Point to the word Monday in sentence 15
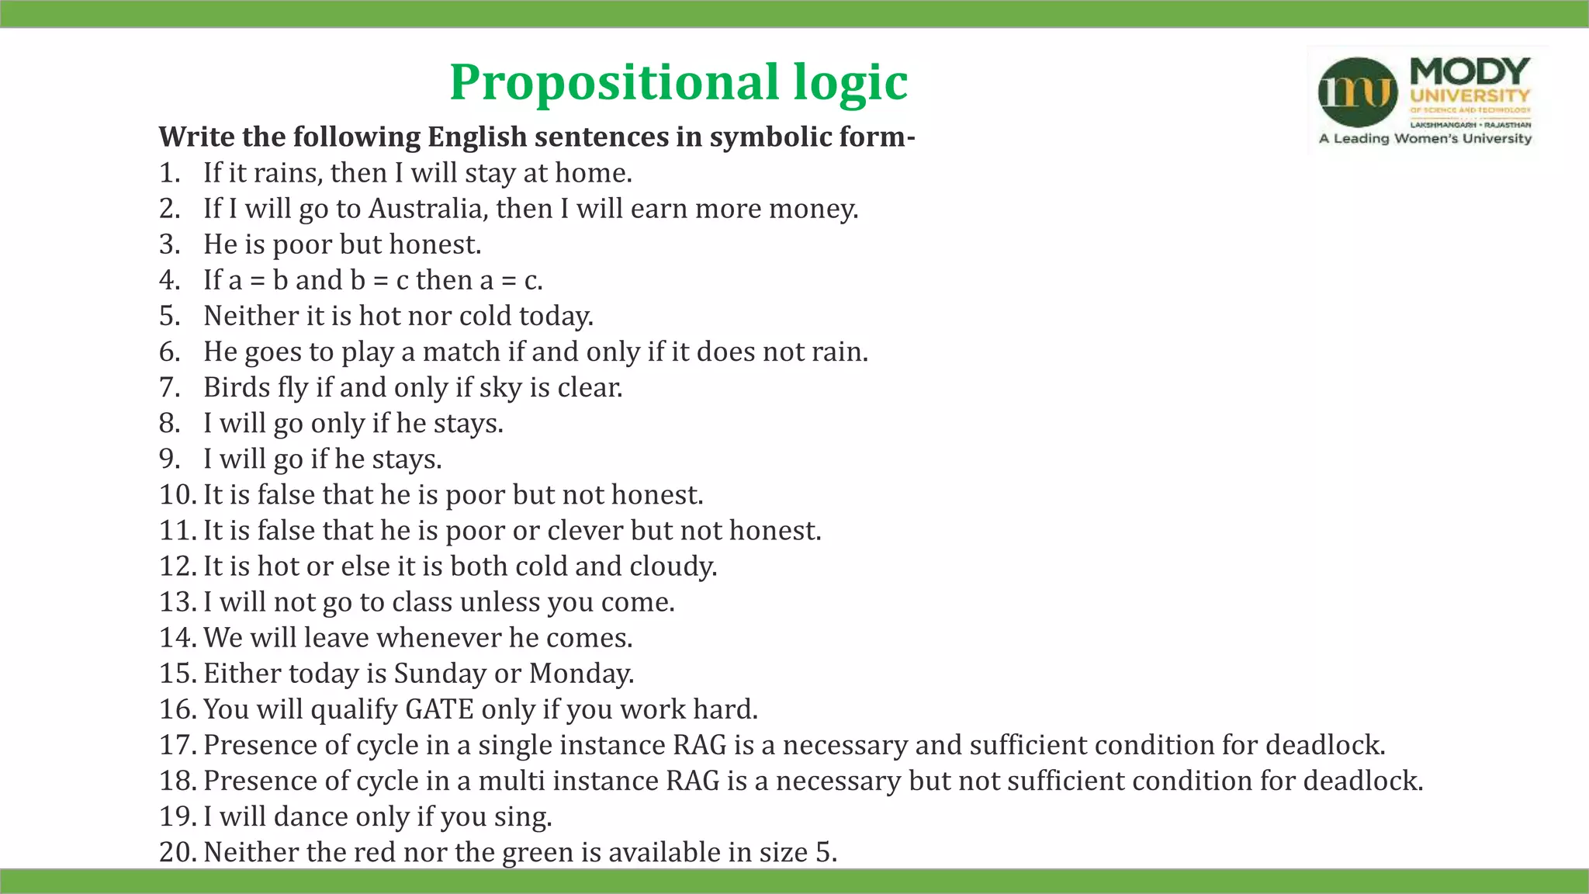pos(580,674)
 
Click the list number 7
pos(169,387)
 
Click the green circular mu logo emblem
pos(1358,92)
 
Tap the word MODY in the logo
pos(1470,71)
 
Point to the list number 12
pos(176,567)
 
